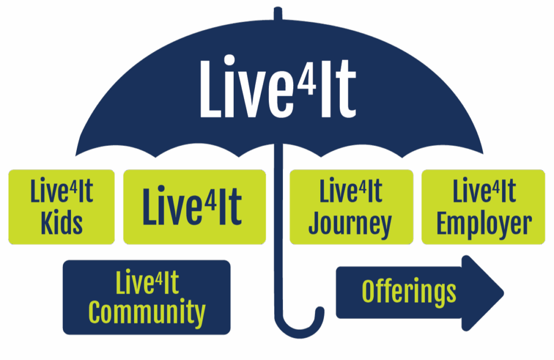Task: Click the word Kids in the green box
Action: pyautogui.click(x=62, y=222)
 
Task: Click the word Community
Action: pyautogui.click(x=147, y=312)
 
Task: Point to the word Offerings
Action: pyautogui.click(x=408, y=292)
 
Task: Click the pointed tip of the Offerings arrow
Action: pyautogui.click(x=503, y=293)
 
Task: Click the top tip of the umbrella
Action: pyautogui.click(x=278, y=9)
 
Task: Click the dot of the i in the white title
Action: pyautogui.click(x=229, y=61)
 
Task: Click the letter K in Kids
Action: pyautogui.click(x=47, y=222)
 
